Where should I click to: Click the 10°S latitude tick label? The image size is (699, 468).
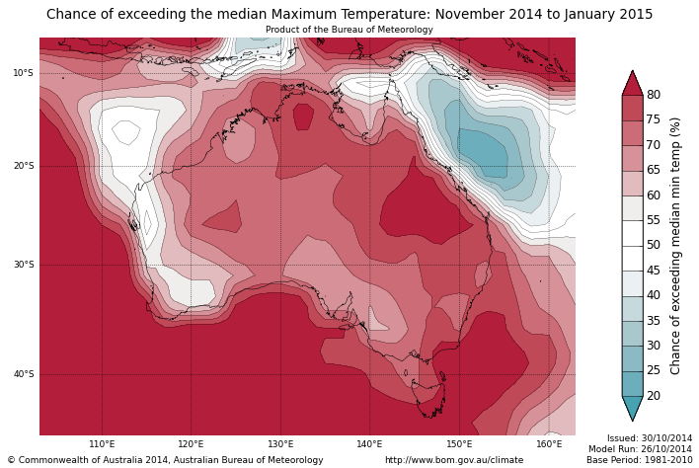(x=23, y=73)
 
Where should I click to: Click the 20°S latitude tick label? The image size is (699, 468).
(x=23, y=166)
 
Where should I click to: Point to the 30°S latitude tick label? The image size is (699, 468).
(x=23, y=265)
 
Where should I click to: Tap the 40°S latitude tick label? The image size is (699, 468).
(x=23, y=374)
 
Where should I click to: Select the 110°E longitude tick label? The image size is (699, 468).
(x=102, y=444)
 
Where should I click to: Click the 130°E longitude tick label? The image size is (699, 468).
(x=280, y=444)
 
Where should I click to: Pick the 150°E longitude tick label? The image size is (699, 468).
(x=459, y=444)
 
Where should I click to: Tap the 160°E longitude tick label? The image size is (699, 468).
(x=548, y=444)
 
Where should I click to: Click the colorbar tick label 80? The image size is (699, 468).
(x=654, y=95)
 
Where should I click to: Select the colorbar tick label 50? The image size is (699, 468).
(x=654, y=245)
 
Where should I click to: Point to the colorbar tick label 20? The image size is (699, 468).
(x=654, y=396)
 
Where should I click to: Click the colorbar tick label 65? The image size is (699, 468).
(x=654, y=170)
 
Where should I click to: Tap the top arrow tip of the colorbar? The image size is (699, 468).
(x=632, y=73)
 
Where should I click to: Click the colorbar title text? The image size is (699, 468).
(x=676, y=245)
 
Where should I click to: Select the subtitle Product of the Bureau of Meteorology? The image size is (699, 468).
(x=349, y=30)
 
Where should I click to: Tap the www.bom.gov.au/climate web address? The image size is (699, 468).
(x=454, y=460)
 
